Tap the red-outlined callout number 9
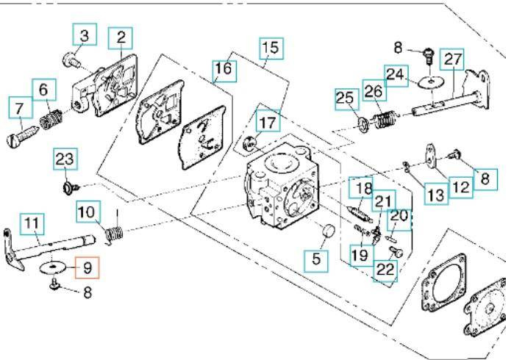(x=87, y=267)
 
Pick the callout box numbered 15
(x=270, y=48)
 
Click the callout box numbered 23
(x=65, y=159)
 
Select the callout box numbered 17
(x=268, y=119)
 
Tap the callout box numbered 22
(x=384, y=270)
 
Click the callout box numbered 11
(x=32, y=222)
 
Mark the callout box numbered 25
(x=345, y=97)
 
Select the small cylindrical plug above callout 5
(x=326, y=233)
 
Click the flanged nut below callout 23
(x=69, y=189)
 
